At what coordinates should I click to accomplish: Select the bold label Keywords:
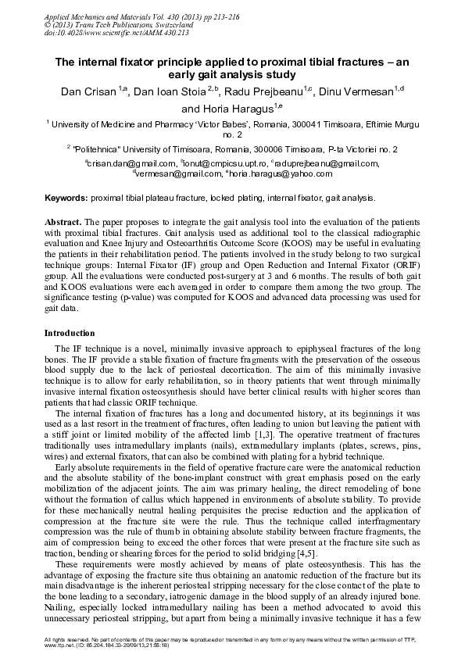pos(66,198)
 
